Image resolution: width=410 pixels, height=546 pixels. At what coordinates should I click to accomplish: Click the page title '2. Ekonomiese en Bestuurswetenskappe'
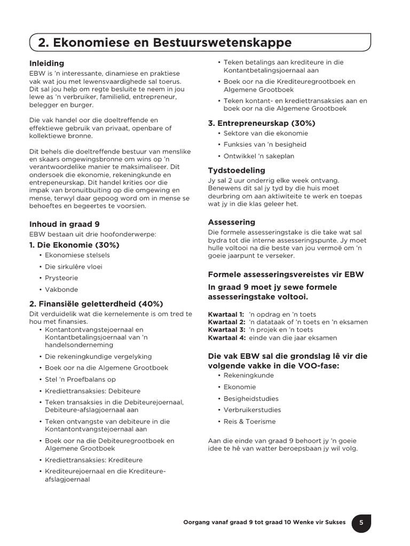point(164,43)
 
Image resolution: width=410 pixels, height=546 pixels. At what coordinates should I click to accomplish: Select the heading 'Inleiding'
point(46,63)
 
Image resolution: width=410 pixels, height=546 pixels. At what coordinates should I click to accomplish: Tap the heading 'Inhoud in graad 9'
point(64,224)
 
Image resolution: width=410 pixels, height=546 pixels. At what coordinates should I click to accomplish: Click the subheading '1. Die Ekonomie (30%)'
point(74,245)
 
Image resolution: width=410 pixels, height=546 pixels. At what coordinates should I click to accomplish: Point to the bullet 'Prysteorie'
point(61,278)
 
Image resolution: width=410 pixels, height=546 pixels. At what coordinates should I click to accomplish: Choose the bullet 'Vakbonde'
point(61,290)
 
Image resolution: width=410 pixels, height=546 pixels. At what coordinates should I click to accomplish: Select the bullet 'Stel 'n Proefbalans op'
point(80,379)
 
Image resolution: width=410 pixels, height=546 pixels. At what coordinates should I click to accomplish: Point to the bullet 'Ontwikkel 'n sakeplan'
point(259,156)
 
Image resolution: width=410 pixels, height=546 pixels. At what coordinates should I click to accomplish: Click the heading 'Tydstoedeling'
point(236,171)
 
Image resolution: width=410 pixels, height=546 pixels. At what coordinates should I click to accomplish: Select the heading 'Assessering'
point(232,222)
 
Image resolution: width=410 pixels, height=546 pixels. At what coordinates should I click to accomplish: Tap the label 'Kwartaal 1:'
point(226,315)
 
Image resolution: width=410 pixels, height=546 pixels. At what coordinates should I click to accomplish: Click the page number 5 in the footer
point(361,523)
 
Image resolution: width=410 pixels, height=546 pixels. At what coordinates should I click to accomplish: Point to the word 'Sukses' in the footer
point(334,523)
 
